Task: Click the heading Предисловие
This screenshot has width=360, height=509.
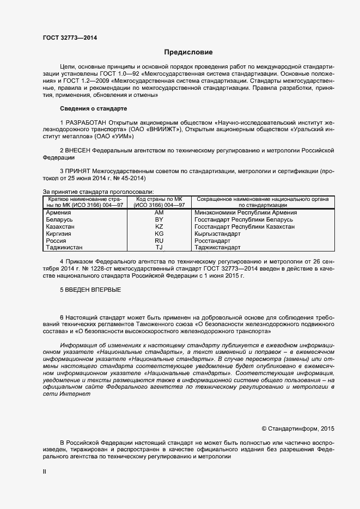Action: [x=188, y=52]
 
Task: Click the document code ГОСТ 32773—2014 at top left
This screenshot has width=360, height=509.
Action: [x=70, y=38]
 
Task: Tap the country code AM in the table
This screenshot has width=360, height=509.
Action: [x=159, y=212]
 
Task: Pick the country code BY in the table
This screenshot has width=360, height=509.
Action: [x=159, y=219]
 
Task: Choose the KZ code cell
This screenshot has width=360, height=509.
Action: [x=159, y=226]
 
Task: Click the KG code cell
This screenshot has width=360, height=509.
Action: [x=159, y=234]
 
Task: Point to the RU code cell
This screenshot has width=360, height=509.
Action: [x=159, y=240]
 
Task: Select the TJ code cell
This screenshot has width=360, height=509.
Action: [x=159, y=247]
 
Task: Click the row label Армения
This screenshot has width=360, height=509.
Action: [x=58, y=212]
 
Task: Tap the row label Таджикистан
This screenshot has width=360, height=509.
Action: [x=64, y=247]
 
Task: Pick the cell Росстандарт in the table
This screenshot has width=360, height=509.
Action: [x=212, y=240]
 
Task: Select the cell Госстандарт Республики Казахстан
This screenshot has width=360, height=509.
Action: [x=245, y=226]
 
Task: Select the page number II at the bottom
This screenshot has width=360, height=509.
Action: [x=45, y=472]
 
